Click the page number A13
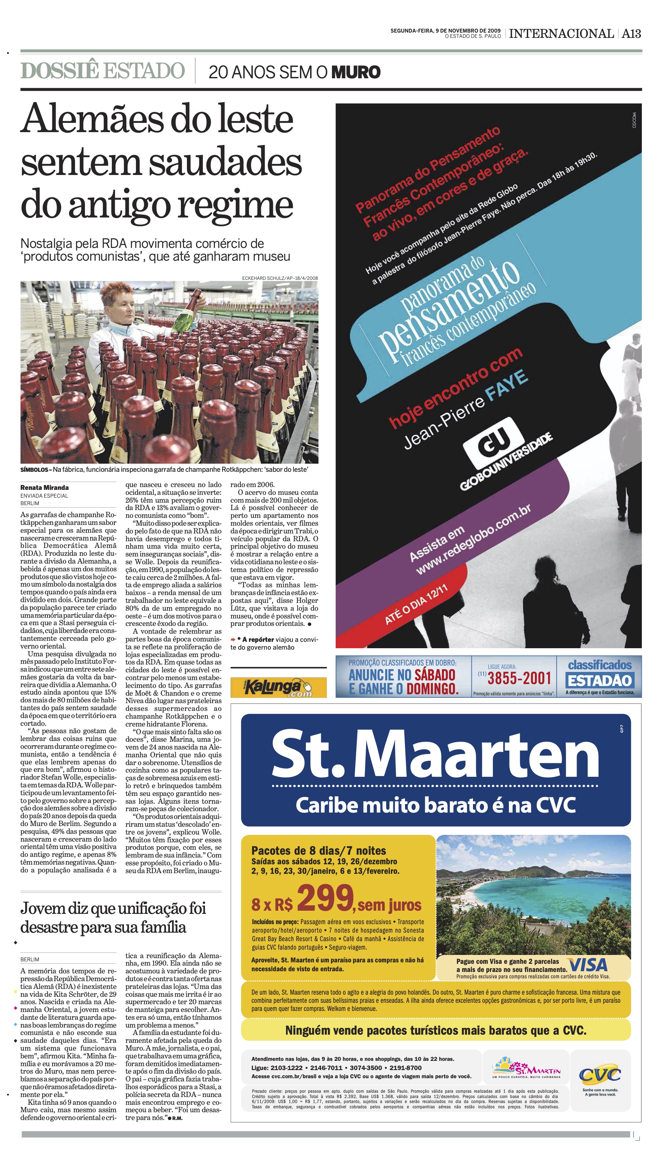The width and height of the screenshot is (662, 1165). coord(631,34)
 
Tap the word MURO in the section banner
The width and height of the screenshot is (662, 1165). coord(355,72)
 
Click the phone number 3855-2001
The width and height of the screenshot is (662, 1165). coord(519,678)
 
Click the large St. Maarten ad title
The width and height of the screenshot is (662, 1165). coord(435,755)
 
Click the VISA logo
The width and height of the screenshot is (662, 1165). coord(588,965)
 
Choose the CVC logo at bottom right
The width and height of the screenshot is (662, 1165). coord(600,1076)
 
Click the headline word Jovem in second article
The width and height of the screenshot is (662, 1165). coord(43,909)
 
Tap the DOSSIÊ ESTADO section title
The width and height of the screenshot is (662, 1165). coord(103,71)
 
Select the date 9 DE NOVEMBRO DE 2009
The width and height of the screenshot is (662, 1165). coord(468,30)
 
